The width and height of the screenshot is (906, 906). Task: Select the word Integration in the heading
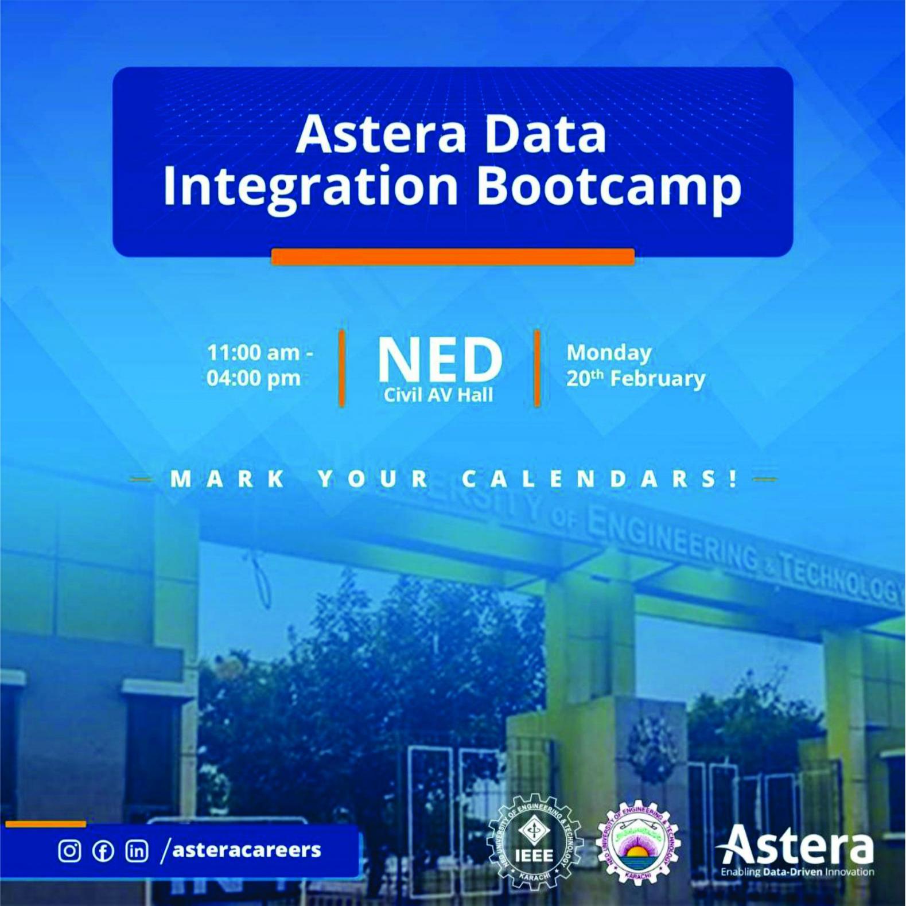[x=310, y=186]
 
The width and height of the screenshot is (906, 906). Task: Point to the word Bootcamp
[x=609, y=186]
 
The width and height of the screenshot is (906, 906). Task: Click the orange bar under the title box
[x=453, y=256]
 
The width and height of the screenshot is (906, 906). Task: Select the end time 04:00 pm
[x=254, y=379]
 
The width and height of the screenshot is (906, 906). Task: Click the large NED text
[x=440, y=360]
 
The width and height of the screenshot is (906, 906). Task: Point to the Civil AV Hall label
[x=438, y=395]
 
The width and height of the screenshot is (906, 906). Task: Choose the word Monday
[x=609, y=352]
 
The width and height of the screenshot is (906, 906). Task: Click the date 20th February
[x=635, y=379]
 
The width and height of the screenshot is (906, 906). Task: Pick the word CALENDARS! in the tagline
[x=600, y=479]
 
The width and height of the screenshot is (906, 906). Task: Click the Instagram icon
[x=69, y=850]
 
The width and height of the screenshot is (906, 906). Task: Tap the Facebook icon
[x=103, y=850]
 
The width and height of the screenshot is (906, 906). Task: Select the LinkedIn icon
[x=137, y=850]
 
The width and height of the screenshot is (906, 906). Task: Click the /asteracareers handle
[x=241, y=850]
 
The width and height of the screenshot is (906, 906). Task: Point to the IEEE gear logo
[x=535, y=842]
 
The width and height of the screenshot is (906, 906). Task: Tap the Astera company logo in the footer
[x=796, y=849]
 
